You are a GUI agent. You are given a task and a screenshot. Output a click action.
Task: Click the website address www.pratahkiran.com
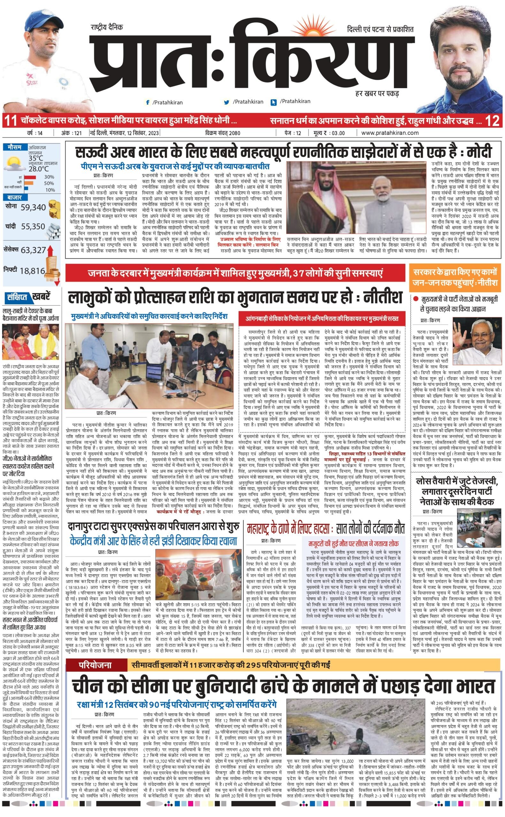click(x=390, y=133)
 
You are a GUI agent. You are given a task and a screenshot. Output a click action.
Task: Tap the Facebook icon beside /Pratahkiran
click(x=147, y=102)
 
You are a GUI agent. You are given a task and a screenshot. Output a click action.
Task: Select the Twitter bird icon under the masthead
click(x=227, y=102)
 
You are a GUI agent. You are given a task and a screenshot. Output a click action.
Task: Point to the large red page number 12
click(x=492, y=120)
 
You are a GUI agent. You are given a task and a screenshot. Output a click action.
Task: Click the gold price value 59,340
click(x=33, y=207)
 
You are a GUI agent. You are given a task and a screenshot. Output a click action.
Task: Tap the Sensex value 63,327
click(x=33, y=250)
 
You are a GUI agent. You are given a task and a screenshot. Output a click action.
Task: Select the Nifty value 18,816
click(x=32, y=271)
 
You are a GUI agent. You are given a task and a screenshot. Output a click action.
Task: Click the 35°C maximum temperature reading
click(x=36, y=158)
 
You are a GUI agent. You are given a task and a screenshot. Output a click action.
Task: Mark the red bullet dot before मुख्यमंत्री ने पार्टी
click(x=416, y=299)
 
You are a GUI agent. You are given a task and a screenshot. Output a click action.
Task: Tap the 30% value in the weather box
click(x=49, y=177)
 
